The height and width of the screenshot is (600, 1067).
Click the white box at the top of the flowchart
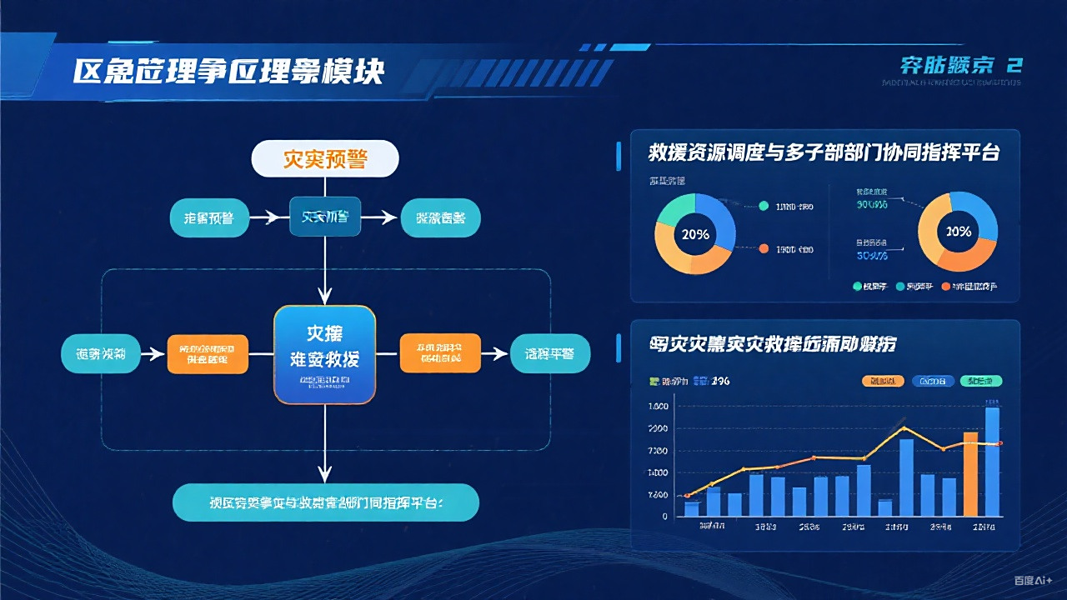pyautogui.click(x=325, y=158)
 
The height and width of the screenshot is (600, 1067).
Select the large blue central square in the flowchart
pyautogui.click(x=325, y=354)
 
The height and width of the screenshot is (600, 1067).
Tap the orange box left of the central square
pyautogui.click(x=208, y=353)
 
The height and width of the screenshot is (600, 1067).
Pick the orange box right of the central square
pyautogui.click(x=440, y=353)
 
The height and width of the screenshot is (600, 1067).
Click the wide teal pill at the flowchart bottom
pyautogui.click(x=325, y=502)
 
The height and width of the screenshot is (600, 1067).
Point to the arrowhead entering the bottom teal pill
pyautogui.click(x=325, y=476)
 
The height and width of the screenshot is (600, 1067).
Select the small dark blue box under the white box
pyautogui.click(x=325, y=217)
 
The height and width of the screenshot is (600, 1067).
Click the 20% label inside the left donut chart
pyautogui.click(x=695, y=234)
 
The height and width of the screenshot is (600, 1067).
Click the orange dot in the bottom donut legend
pyautogui.click(x=945, y=287)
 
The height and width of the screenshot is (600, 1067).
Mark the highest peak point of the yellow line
pyautogui.click(x=904, y=428)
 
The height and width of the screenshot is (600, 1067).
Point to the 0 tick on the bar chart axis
pyautogui.click(x=664, y=517)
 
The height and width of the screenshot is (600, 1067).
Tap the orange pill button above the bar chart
pyautogui.click(x=883, y=381)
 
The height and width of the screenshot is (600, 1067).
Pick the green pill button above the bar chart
pyautogui.click(x=981, y=381)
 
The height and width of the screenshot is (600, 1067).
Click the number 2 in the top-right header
pyautogui.click(x=1014, y=66)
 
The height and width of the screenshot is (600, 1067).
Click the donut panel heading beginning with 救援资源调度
pyautogui.click(x=824, y=153)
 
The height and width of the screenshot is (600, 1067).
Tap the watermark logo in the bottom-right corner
pyautogui.click(x=1033, y=581)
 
